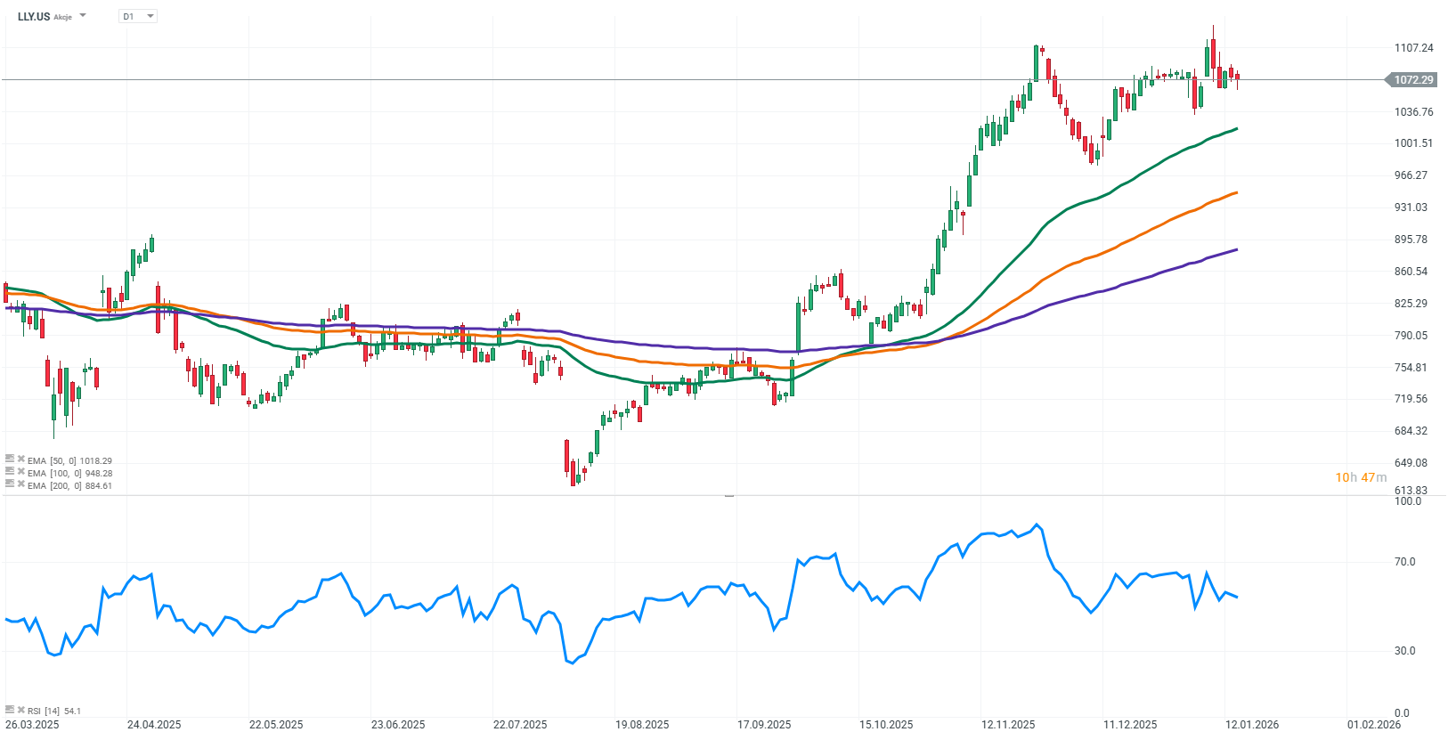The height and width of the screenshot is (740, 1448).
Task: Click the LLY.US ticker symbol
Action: pos(34,16)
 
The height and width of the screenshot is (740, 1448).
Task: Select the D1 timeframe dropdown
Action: pos(137,16)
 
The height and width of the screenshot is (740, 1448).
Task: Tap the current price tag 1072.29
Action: pos(1412,80)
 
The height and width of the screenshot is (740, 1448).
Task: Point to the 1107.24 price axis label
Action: pos(1413,48)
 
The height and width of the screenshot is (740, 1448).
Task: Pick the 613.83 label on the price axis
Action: pos(1411,491)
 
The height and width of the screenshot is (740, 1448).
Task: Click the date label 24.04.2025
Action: pos(154,725)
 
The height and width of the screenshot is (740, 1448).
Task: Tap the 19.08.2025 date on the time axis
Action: pos(642,725)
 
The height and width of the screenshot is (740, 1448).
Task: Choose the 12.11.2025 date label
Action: pos(1008,725)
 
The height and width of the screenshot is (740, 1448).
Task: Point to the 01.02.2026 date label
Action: pos(1374,725)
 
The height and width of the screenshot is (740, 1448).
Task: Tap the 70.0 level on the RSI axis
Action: pos(1404,562)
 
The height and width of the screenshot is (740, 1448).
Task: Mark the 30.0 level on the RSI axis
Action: pos(1404,651)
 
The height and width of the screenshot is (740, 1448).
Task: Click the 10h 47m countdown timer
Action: pos(1360,478)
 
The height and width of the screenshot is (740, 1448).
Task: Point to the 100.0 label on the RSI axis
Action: pos(1407,501)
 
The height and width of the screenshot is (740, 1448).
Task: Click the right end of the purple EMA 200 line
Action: pos(1236,250)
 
